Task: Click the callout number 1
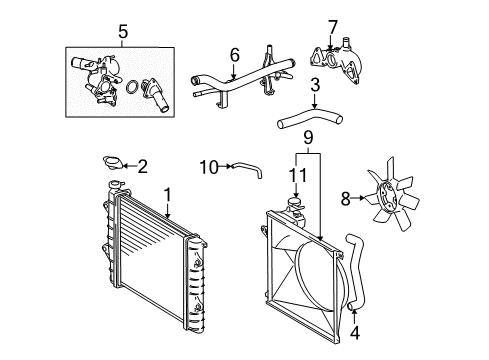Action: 167,195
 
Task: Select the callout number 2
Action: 142,166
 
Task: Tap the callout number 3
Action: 315,85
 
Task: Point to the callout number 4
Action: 355,333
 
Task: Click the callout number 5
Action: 123,32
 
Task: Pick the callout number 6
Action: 235,55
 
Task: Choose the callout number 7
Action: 333,27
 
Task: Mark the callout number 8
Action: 346,199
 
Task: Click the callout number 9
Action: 308,137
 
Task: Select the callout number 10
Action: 209,167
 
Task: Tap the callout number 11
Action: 297,175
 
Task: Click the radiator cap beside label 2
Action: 114,163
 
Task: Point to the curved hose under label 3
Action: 310,118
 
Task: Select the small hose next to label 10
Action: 248,167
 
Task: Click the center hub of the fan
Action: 387,197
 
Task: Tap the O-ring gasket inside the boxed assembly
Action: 132,87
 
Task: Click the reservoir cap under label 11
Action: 294,202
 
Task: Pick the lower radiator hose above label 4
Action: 357,270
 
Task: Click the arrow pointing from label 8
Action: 359,198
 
